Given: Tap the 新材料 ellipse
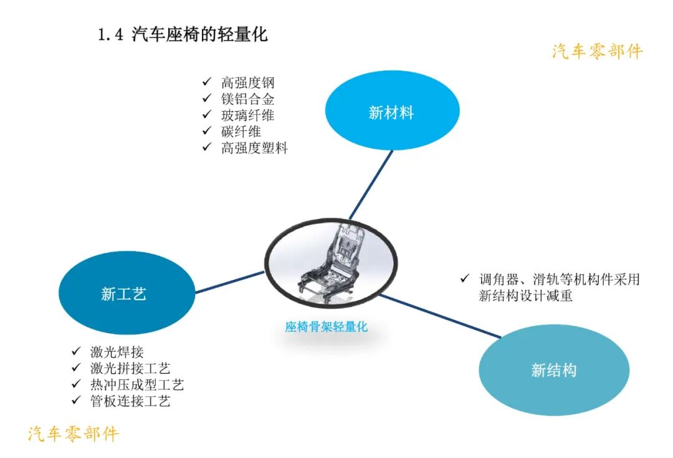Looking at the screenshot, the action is (x=392, y=112).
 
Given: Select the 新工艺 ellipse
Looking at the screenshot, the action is (x=123, y=294).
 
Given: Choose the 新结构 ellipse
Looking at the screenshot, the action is (x=553, y=370).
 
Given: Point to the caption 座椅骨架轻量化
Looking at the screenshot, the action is (x=327, y=327).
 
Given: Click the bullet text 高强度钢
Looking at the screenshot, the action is (x=247, y=82).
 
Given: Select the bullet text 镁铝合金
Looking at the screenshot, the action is (x=247, y=99).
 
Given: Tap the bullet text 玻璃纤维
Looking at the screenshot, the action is (x=247, y=115).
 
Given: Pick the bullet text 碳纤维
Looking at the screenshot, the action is (x=241, y=131).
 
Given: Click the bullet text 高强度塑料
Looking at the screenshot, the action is (x=254, y=148).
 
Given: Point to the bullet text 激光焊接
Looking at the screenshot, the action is (x=117, y=352).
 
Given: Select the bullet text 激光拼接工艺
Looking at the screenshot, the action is (x=130, y=368).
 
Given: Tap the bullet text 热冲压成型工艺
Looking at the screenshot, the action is (x=137, y=384).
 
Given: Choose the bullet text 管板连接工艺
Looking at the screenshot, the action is (x=130, y=401).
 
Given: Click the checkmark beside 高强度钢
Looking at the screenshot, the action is (x=206, y=82).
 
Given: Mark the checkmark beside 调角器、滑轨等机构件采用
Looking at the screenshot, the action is (x=464, y=278).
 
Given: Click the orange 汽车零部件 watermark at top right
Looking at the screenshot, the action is (x=597, y=51).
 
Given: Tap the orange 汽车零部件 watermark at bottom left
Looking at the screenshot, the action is (x=73, y=433).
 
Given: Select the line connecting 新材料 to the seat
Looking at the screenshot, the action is (x=371, y=184).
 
